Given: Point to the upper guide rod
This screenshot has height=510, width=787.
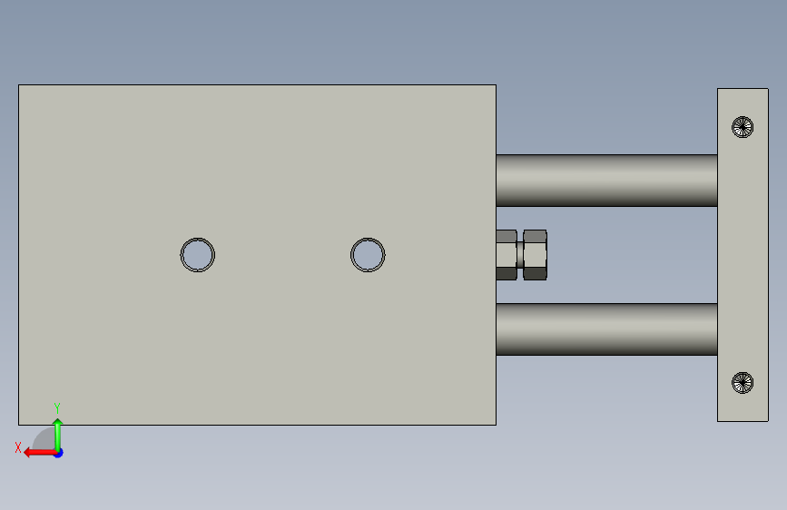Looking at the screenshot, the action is (606, 181).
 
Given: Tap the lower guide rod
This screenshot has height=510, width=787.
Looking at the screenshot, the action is (606, 329).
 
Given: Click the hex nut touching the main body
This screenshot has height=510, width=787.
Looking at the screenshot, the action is (507, 255).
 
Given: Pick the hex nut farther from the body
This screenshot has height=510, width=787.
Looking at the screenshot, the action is (535, 255).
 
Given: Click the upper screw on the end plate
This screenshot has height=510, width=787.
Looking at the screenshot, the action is (743, 127).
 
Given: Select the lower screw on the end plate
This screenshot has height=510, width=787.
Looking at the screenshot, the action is (743, 383).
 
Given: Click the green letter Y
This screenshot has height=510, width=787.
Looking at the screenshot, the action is (57, 407).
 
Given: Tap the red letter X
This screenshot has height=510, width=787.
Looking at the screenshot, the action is (18, 447).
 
